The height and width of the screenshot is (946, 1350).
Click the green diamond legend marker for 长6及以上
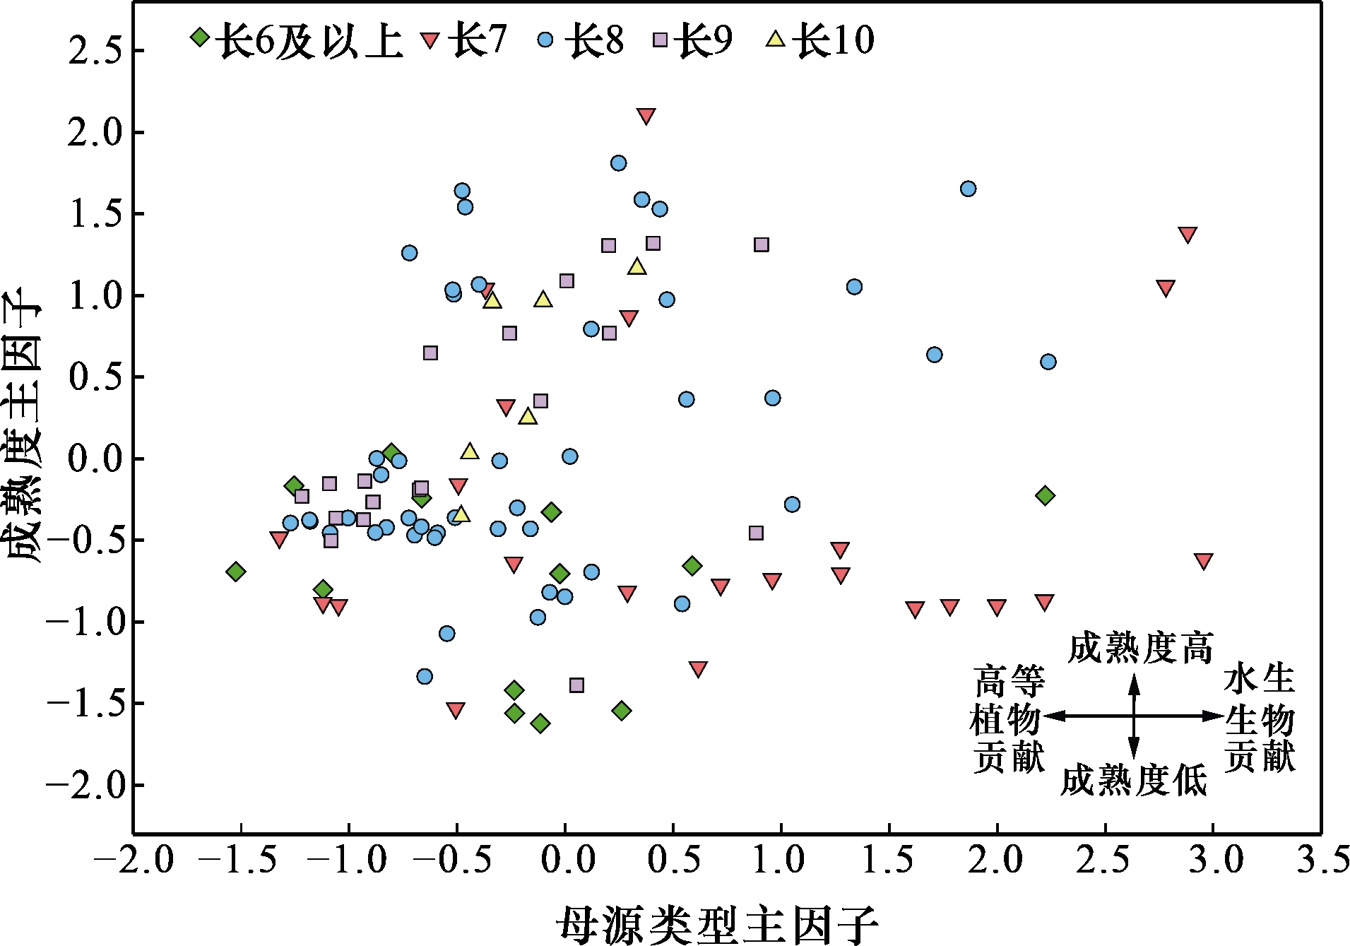pos(201,37)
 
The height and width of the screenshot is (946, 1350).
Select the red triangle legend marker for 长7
pos(430,39)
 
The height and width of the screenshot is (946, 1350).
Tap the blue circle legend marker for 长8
pos(545,39)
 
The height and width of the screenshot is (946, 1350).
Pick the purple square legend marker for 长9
pos(661,40)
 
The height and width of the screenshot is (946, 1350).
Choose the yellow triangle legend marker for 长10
pos(775,38)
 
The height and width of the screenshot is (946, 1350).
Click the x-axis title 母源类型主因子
pos(717,923)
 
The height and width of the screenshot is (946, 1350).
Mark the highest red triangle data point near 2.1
pos(646,116)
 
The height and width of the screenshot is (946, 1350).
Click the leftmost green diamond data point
pos(236,571)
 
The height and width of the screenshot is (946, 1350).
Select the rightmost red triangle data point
pos(1204,561)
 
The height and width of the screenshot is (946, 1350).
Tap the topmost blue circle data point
pos(618,163)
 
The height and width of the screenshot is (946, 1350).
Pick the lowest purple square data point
pos(576,685)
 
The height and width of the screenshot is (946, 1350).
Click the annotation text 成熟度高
pos(1140,647)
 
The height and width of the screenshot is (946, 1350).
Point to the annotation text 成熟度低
pos(1133,781)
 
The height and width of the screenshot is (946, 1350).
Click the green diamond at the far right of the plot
pos(1045,495)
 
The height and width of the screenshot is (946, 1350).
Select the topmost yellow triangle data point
pos(637,266)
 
